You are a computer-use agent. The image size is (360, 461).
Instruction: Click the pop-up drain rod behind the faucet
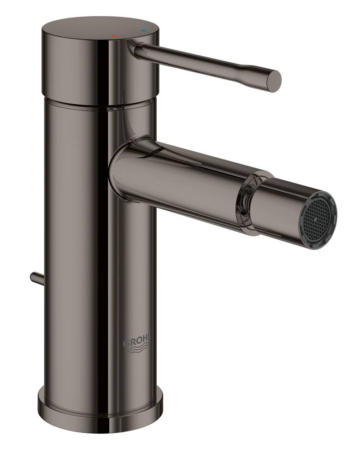tap(36, 278)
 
